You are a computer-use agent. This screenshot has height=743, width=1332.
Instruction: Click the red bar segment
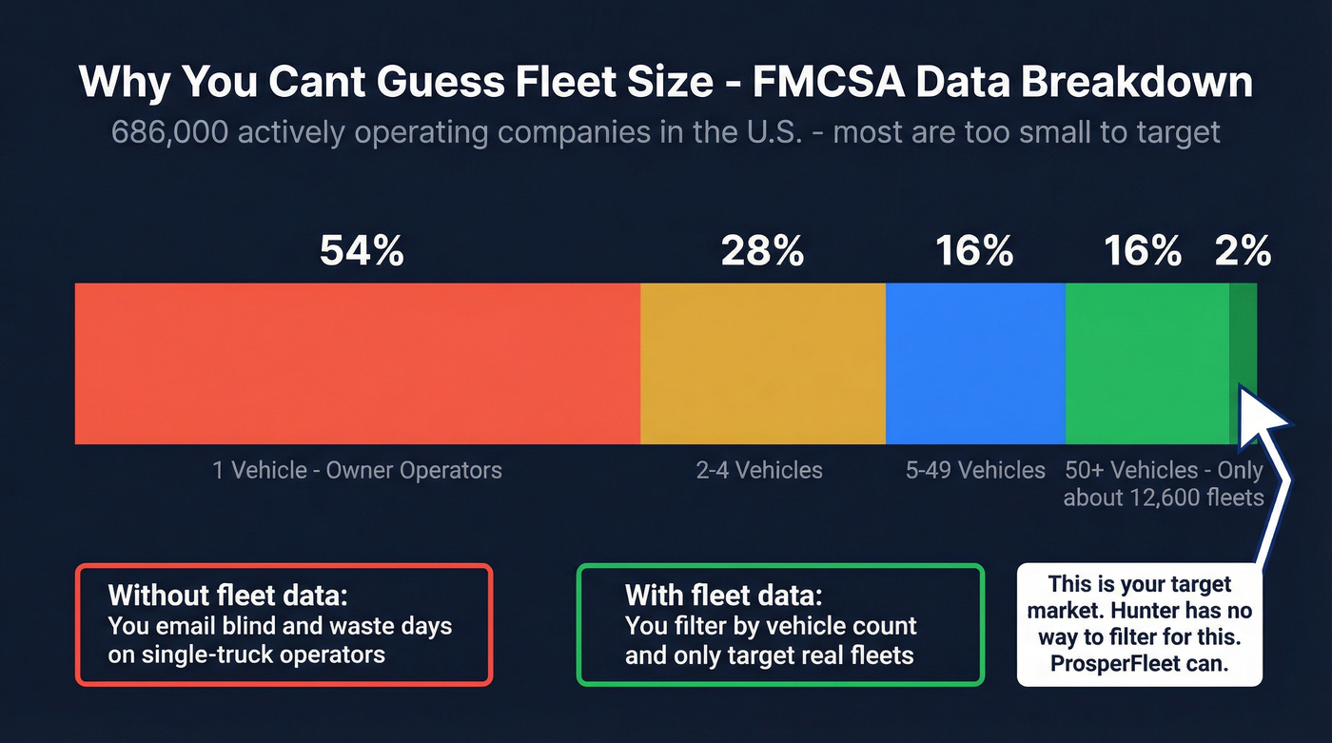tap(357, 363)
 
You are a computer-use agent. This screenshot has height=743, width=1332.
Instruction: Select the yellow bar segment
tap(762, 363)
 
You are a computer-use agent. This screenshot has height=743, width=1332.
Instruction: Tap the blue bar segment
tap(974, 363)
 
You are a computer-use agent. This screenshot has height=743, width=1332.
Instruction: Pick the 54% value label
tap(362, 251)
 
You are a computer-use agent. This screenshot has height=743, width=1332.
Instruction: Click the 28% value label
tap(762, 251)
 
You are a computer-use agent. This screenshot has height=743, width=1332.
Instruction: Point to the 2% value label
tap(1243, 251)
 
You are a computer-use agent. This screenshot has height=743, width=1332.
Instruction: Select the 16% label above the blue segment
tap(974, 251)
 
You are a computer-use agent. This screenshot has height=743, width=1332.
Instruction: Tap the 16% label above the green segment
tap(1142, 251)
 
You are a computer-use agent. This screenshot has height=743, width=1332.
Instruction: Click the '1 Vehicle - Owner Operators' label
tap(357, 470)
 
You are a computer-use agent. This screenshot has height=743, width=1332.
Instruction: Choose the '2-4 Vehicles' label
tap(759, 470)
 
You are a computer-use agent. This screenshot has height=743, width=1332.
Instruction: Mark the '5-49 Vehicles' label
tap(975, 470)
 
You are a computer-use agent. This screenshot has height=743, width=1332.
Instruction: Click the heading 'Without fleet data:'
tap(228, 596)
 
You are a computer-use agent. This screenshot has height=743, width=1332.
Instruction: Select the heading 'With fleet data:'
tap(723, 596)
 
